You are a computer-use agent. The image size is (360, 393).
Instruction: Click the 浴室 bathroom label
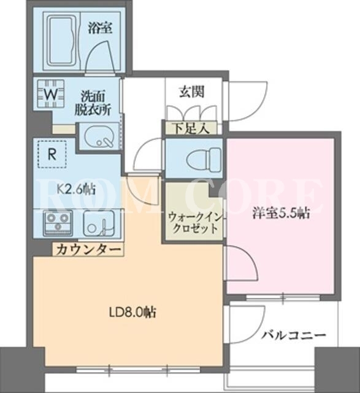[x=100, y=28]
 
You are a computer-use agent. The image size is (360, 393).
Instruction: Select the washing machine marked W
[x=51, y=95]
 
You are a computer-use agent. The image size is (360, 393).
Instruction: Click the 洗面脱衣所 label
[x=93, y=104]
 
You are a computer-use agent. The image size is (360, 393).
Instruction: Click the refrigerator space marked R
[x=52, y=154]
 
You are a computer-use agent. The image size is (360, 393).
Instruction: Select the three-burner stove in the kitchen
[x=58, y=223]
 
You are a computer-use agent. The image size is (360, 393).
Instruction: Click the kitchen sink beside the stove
[x=99, y=223]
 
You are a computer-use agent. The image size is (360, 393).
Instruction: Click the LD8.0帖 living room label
[x=132, y=313]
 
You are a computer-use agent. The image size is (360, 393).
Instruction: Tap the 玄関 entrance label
[x=191, y=92]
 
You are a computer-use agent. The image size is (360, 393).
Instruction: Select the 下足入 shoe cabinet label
[x=191, y=128]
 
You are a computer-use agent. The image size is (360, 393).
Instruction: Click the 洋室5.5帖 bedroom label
[x=281, y=214]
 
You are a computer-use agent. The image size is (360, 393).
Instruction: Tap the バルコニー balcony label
[x=293, y=335]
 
